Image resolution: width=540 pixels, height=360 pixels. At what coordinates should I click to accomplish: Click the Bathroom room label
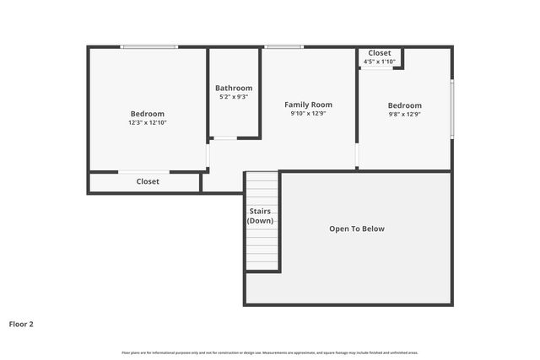coord(234,88)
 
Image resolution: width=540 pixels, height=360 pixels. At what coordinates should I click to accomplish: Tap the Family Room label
coord(308,105)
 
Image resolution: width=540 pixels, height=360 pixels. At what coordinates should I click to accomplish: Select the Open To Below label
coord(357,228)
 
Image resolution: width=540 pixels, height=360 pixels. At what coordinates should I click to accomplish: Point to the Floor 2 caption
coord(21,323)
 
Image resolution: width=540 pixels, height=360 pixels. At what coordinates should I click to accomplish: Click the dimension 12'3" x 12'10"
coord(148,123)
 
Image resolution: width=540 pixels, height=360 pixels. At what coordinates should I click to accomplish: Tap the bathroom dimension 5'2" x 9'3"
coord(234,97)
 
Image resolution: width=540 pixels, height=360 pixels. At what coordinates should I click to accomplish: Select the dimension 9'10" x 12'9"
coord(308,114)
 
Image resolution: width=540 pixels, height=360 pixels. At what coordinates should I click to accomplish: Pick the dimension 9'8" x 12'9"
coord(404,115)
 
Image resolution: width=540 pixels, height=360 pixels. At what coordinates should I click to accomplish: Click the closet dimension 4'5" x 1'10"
coord(380,62)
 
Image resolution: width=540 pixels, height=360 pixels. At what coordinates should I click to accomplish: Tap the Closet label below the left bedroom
coord(148,181)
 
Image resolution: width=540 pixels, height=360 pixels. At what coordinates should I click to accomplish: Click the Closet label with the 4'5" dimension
coord(380,53)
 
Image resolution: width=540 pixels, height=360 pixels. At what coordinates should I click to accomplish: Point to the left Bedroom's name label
coord(148,114)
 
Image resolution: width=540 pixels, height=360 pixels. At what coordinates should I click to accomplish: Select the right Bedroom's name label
coord(404,105)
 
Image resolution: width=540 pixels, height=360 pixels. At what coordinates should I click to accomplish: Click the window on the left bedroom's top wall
coord(148,46)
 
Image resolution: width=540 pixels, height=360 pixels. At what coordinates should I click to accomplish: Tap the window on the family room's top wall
coord(284,46)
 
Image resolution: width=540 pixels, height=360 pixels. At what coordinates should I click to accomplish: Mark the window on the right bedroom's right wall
coord(452,108)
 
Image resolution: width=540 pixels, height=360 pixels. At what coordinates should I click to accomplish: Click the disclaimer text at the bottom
coord(270,352)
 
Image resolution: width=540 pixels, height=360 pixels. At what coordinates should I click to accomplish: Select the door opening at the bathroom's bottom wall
coord(224,137)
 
